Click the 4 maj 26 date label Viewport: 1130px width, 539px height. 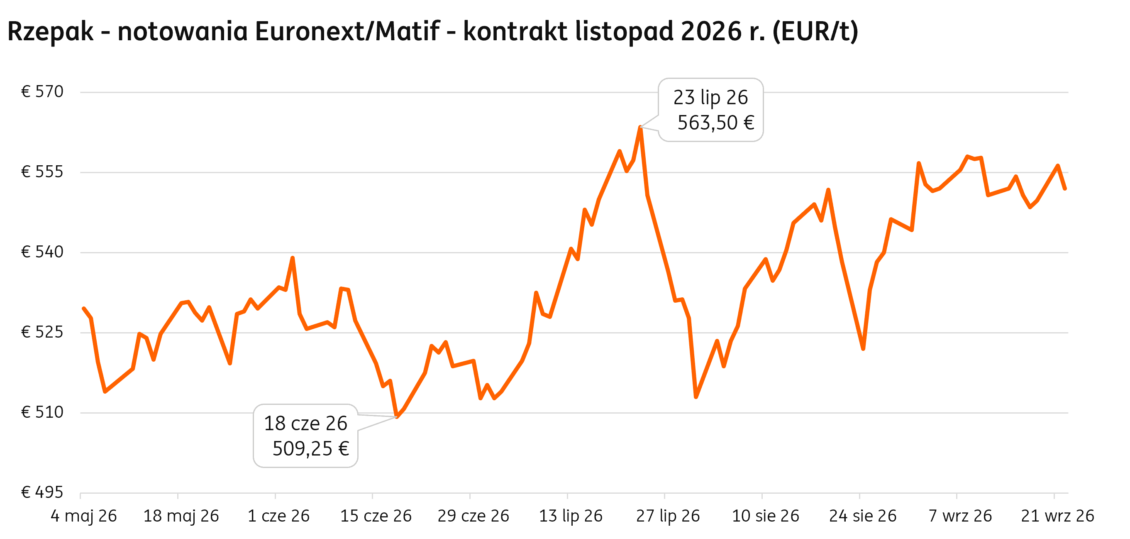tap(84, 516)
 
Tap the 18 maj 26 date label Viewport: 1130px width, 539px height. tap(181, 516)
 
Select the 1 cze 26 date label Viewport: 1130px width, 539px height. tap(278, 516)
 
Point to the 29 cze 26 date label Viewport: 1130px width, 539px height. tap(473, 516)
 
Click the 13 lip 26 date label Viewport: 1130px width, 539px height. tap(571, 516)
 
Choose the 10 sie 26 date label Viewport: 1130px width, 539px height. tap(766, 516)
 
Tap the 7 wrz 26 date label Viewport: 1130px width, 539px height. tap(960, 516)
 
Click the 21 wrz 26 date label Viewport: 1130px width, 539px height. tap(1058, 516)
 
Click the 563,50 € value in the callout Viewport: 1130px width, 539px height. tap(716, 123)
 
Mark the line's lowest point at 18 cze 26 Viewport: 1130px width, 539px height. tap(397, 416)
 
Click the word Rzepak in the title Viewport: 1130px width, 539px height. tap(51, 32)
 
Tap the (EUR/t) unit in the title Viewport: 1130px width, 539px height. tap(815, 32)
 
